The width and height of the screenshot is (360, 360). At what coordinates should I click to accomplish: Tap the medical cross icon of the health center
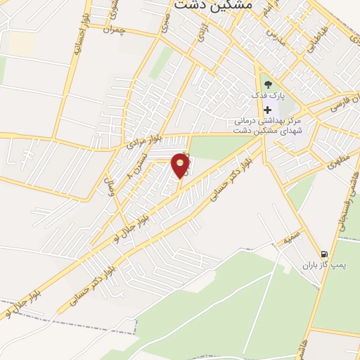click(x=267, y=110)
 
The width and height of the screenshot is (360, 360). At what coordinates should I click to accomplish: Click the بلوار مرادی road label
click(x=140, y=143)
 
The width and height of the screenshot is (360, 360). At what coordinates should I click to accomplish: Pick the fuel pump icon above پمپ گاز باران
click(x=323, y=254)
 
